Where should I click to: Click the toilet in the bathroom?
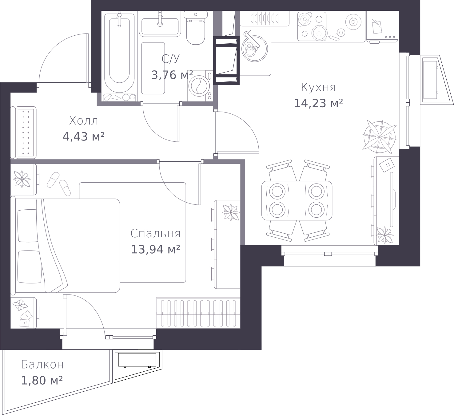196,28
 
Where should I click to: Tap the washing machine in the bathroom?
200,86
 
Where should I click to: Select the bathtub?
119,53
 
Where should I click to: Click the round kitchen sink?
254,49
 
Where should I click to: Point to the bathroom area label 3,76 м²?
172,75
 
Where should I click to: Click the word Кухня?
318,87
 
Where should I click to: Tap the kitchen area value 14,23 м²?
318,103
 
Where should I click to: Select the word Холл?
84,121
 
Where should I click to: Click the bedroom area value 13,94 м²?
155,249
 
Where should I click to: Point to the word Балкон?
42,365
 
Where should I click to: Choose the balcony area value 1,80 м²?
42,380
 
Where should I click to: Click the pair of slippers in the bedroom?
59,184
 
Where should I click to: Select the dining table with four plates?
297,200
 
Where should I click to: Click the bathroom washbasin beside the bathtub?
160,24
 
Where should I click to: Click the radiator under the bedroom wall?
198,313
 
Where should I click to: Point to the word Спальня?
155,234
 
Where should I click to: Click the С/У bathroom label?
171,59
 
